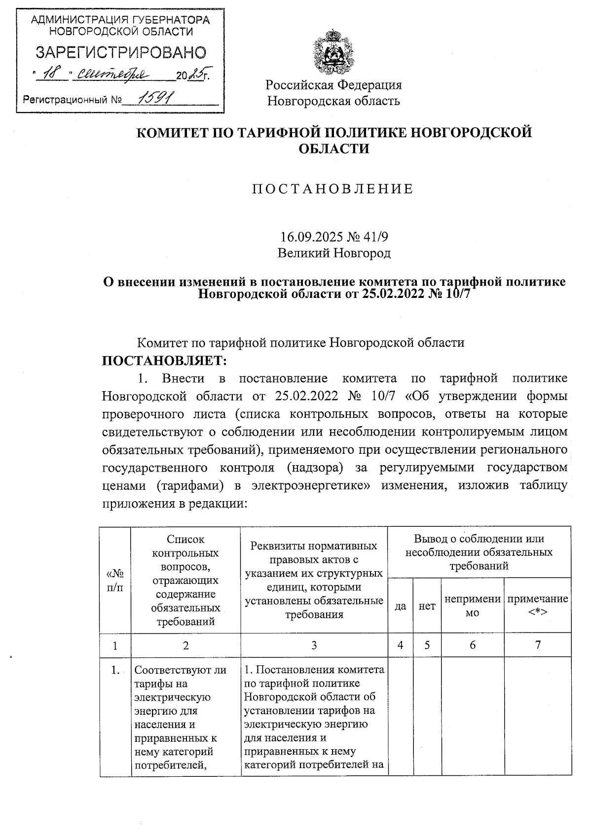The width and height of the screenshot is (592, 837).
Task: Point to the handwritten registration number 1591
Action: tap(153, 100)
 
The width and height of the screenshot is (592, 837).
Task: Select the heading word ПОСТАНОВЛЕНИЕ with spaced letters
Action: tap(333, 189)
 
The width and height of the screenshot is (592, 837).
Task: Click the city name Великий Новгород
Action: tap(333, 254)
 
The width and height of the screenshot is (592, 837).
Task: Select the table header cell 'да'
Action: tap(400, 606)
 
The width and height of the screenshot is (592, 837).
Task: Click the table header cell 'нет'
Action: tap(427, 606)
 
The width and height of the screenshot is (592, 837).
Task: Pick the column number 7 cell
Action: tap(538, 645)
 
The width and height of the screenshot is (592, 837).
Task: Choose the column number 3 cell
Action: tap(314, 645)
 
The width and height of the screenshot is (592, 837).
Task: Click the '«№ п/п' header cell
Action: tap(115, 580)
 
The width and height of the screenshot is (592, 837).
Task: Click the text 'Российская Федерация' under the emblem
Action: tap(333, 85)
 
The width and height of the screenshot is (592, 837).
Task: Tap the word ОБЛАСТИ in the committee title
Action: tap(334, 148)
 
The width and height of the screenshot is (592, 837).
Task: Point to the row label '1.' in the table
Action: tap(115, 670)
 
